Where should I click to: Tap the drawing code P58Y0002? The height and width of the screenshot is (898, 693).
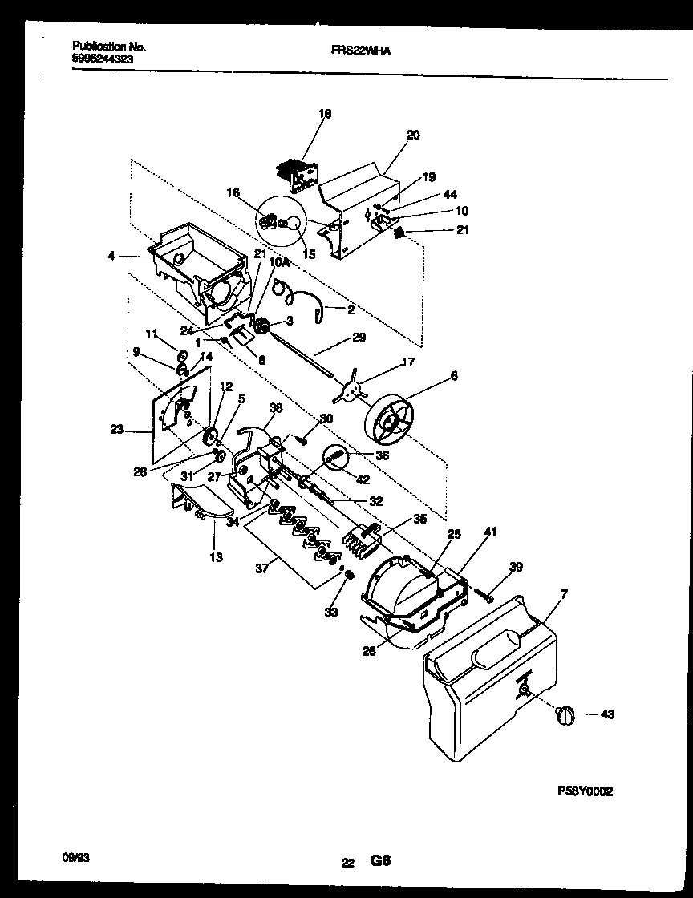[x=585, y=790]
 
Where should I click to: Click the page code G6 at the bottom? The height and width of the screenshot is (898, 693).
[x=379, y=861]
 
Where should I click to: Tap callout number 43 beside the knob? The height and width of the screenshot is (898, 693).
[x=607, y=714]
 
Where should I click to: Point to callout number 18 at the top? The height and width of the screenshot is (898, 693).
[x=325, y=114]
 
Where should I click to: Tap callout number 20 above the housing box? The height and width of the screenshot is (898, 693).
[x=412, y=136]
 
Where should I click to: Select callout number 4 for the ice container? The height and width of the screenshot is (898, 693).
[x=111, y=257]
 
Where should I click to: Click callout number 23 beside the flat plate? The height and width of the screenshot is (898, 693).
[x=116, y=429]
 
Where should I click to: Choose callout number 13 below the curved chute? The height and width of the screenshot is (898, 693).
[x=217, y=557]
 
